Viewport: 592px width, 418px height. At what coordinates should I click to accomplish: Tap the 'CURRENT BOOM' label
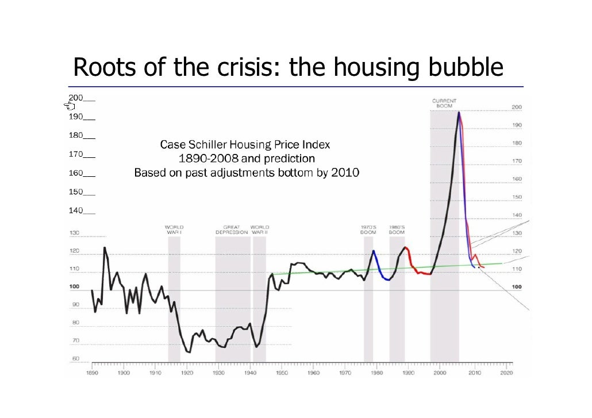[x=444, y=103]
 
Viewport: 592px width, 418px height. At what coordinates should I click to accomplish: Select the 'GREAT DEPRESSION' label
[x=232, y=230]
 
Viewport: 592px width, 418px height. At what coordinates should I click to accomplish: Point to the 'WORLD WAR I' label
[x=174, y=230]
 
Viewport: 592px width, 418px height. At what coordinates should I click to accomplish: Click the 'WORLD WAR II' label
[x=260, y=230]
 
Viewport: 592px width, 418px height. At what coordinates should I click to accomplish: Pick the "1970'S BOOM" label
[x=368, y=230]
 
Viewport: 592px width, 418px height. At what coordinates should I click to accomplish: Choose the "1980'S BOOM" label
[x=397, y=230]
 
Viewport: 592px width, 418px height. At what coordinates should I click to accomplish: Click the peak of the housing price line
[x=458, y=113]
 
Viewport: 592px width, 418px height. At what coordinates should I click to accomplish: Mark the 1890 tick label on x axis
[x=92, y=373]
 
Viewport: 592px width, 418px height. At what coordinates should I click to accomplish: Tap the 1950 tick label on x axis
[x=282, y=373]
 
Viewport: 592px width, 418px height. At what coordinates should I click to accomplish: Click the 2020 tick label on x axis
[x=506, y=373]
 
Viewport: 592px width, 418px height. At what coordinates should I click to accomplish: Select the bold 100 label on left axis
[x=74, y=287]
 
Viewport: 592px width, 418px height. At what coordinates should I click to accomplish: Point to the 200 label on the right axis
[x=517, y=107]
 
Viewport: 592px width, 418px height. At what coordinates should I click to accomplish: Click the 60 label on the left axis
[x=75, y=359]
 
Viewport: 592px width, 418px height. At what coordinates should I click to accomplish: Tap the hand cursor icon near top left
[x=70, y=106]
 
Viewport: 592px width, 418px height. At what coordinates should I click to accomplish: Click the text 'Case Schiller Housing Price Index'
[x=245, y=144]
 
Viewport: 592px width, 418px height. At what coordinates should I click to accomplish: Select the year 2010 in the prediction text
[x=345, y=172]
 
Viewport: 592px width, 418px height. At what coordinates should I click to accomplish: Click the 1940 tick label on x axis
[x=250, y=373]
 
